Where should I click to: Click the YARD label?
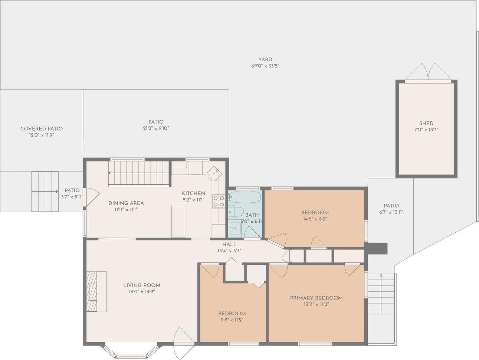(x=265, y=59)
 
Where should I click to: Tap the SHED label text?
(x=426, y=123)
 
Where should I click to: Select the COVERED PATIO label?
(x=42, y=129)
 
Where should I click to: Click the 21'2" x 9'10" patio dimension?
(x=156, y=128)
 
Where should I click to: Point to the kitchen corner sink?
(x=215, y=173)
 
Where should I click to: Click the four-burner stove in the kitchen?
(x=218, y=201)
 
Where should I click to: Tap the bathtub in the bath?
(x=245, y=197)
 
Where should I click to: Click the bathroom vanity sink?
(x=234, y=229)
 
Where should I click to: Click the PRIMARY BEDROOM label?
(x=316, y=298)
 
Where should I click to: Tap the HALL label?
(x=229, y=244)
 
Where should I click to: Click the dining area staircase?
(x=139, y=173)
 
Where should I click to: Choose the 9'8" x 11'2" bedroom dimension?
(x=232, y=320)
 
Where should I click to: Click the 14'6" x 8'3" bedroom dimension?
(x=315, y=219)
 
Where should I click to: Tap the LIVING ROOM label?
(x=142, y=285)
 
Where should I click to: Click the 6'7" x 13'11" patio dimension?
(x=391, y=212)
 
